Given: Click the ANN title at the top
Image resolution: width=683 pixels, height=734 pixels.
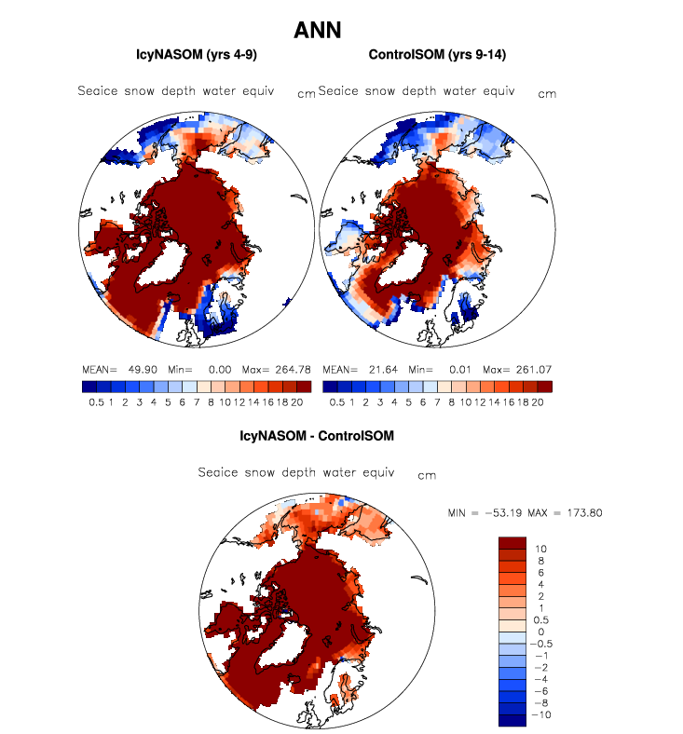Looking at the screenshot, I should click(317, 31).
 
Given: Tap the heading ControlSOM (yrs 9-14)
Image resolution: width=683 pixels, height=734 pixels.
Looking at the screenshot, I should click(435, 56).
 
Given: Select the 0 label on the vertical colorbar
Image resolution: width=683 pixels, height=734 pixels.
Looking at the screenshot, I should click(540, 632).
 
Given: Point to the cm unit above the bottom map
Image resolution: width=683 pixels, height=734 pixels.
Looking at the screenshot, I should click(427, 476).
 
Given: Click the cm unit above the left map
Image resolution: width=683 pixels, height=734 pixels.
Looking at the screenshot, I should click(306, 94).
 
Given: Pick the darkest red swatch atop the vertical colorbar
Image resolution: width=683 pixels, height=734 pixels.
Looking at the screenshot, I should click(512, 543).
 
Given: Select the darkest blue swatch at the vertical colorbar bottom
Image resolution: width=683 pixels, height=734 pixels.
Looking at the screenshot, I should click(512, 719).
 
